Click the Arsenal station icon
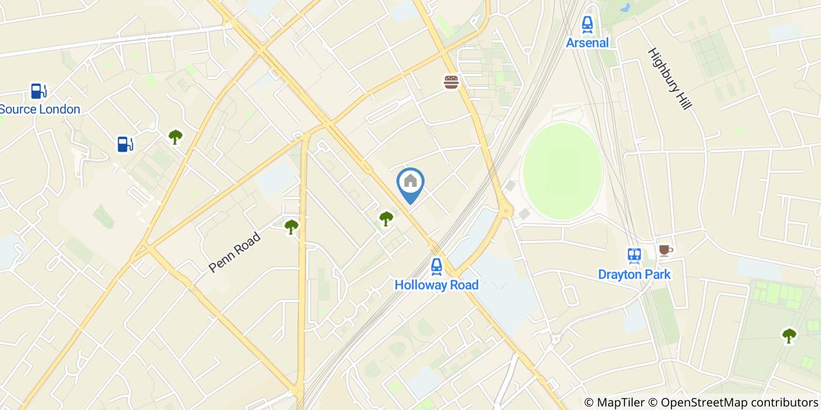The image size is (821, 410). [587, 25]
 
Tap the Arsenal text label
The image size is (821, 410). [587, 43]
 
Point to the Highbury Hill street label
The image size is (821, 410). [670, 78]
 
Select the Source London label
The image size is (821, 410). [39, 110]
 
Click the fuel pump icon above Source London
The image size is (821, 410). [39, 91]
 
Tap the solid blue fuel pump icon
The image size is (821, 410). [124, 143]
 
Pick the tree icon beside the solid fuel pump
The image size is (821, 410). [175, 137]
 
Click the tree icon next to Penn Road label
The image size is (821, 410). [291, 227]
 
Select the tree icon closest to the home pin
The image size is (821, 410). [386, 219]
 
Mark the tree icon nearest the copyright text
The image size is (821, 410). [789, 336]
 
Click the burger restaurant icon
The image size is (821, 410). [451, 82]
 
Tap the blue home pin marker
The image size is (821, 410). [410, 183]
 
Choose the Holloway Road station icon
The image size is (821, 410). [436, 267]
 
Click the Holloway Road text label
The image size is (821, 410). [436, 285]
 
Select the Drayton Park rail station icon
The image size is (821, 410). [634, 255]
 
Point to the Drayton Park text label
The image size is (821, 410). [634, 274]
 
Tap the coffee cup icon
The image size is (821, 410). [664, 250]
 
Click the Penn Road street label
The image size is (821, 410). [235, 252]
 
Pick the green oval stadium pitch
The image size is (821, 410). [562, 171]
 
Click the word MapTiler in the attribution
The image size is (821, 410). [620, 402]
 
